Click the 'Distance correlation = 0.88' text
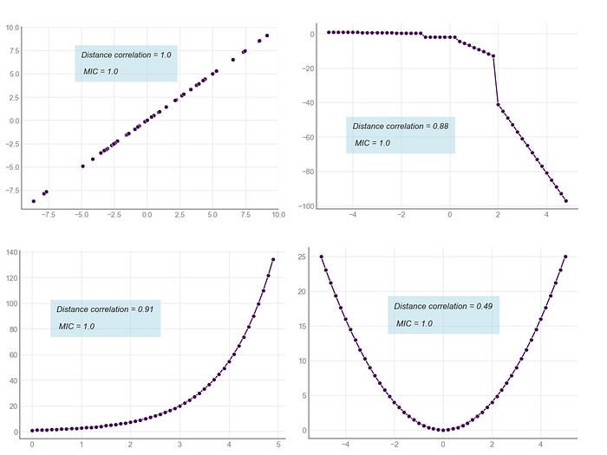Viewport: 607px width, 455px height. [x=401, y=127]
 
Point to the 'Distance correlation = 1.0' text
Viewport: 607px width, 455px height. [x=127, y=55]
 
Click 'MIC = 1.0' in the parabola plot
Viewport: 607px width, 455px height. [x=414, y=323]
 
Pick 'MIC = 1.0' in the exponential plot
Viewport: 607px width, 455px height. [x=77, y=327]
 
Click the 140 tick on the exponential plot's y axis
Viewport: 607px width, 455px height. [x=12, y=252]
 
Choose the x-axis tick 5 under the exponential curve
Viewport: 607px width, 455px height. [x=277, y=445]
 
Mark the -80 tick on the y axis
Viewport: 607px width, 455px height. [x=304, y=172]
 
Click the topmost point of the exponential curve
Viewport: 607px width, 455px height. [x=273, y=259]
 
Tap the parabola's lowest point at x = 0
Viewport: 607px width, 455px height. [x=443, y=430]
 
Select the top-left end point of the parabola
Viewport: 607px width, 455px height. [x=322, y=257]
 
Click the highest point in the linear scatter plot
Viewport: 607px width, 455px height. [x=267, y=36]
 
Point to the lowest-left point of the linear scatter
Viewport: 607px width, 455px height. [x=34, y=201]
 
